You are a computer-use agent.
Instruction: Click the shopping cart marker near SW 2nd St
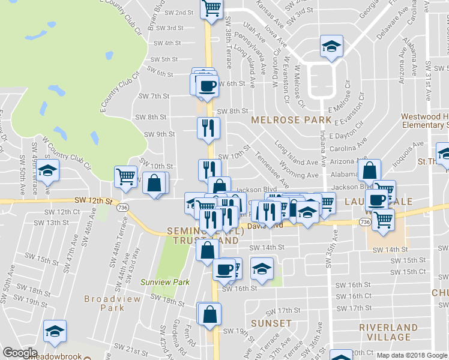(x=211, y=9)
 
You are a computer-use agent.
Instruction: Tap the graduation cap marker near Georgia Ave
(x=330, y=47)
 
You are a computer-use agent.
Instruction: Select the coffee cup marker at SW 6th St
(x=208, y=85)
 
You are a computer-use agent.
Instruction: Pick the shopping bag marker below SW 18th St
(x=209, y=314)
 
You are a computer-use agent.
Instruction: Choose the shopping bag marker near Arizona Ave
(x=370, y=171)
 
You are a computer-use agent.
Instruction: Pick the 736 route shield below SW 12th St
(x=122, y=207)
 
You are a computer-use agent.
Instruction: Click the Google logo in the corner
(x=20, y=353)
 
